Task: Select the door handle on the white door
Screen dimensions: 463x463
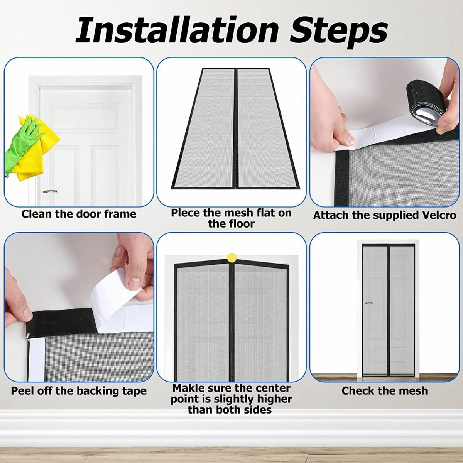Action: (50, 191)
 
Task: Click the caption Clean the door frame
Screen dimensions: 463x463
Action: (79, 214)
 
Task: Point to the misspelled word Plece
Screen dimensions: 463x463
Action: (186, 213)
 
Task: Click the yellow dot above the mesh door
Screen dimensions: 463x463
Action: (231, 257)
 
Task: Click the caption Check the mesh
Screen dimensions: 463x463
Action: (384, 391)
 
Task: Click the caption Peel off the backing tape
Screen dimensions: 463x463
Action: (79, 391)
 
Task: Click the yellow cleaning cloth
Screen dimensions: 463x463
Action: (39, 154)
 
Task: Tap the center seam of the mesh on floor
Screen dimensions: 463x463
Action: (235, 127)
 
